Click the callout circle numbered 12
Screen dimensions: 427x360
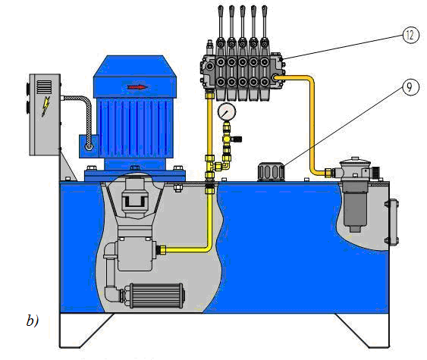pyautogui.click(x=410, y=35)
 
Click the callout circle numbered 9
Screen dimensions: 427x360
pyautogui.click(x=410, y=87)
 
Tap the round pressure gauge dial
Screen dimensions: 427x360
pyautogui.click(x=227, y=111)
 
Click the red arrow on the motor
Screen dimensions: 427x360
pyautogui.click(x=138, y=87)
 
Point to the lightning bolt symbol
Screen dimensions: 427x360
pyautogui.click(x=46, y=106)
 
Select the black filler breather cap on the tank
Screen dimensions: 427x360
pyautogui.click(x=272, y=172)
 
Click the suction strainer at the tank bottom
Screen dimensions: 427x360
pyautogui.click(x=155, y=296)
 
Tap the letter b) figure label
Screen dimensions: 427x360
pyautogui.click(x=33, y=321)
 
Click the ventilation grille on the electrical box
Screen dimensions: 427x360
pyautogui.click(x=44, y=87)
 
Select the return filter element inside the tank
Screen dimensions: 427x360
pyautogui.click(x=355, y=208)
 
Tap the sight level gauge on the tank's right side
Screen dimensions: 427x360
pyautogui.click(x=392, y=222)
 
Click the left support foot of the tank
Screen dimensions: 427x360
pyautogui.click(x=86, y=330)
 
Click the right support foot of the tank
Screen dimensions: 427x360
pyautogui.click(x=363, y=330)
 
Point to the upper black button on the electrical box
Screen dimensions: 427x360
pyautogui.click(x=28, y=88)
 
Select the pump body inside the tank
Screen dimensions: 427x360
pyautogui.click(x=135, y=254)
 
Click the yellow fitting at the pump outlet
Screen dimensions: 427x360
pyautogui.click(x=162, y=249)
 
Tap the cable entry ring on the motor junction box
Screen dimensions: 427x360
pyautogui.click(x=89, y=147)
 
